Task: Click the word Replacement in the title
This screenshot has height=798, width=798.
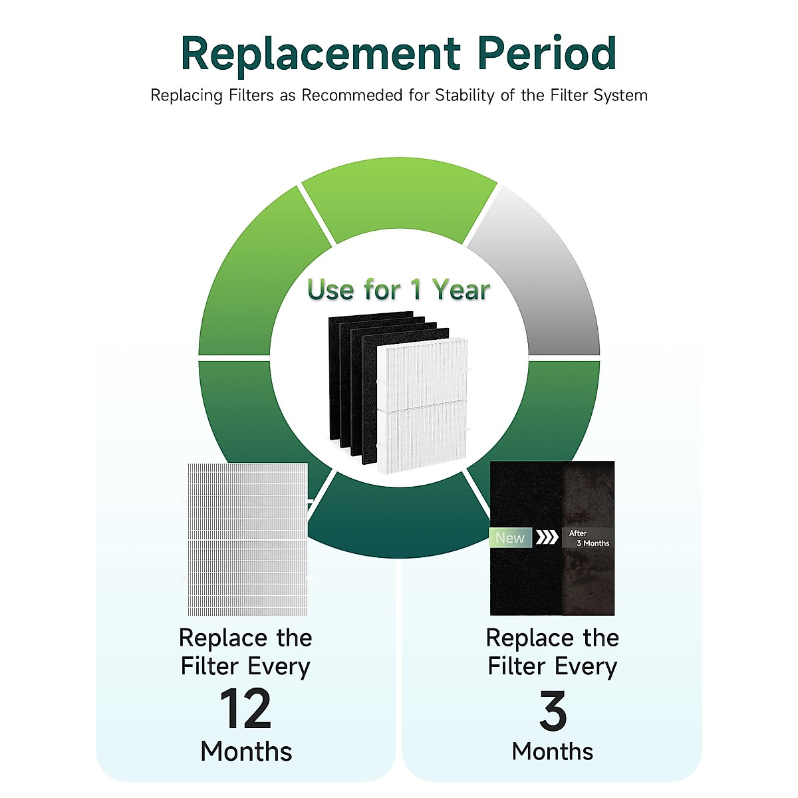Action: (321, 55)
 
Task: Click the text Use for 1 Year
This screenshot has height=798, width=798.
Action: (398, 290)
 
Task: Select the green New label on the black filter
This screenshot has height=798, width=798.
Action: (510, 538)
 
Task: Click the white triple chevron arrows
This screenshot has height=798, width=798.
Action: (547, 537)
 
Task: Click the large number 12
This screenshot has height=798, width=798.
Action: (245, 709)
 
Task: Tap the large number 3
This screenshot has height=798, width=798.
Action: (553, 710)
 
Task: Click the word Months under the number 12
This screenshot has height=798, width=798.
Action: (246, 751)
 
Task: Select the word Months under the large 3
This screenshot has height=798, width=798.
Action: (553, 751)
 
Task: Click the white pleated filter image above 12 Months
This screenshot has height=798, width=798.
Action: (247, 539)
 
